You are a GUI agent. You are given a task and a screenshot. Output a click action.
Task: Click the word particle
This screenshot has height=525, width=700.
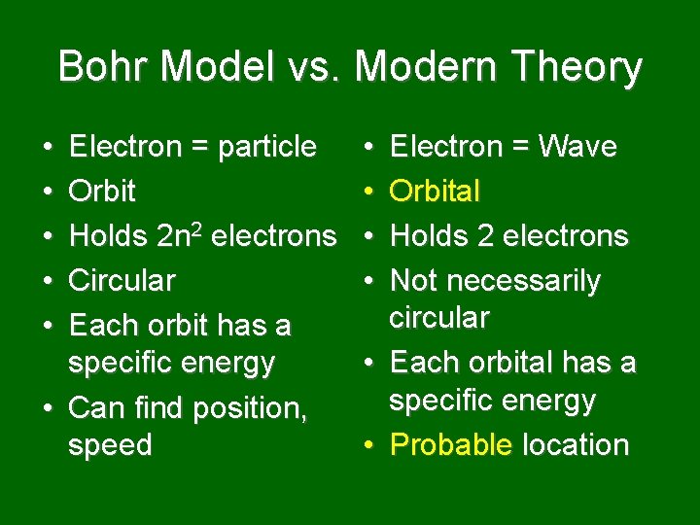[267, 147]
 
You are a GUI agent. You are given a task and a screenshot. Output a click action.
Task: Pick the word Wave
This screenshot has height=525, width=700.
[577, 147]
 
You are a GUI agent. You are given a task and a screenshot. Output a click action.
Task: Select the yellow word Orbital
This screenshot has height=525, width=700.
[435, 192]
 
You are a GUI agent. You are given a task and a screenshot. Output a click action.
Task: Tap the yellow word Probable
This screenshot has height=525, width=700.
[450, 445]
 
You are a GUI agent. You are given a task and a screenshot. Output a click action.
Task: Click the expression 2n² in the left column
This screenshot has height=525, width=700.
[183, 235]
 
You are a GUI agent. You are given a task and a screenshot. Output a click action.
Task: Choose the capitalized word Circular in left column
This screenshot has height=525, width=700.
[122, 281]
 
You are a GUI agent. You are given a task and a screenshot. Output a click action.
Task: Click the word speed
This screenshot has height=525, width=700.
[110, 445]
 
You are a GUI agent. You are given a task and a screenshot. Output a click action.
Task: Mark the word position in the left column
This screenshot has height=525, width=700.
[250, 407]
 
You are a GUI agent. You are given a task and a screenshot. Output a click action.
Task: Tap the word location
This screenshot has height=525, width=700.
[576, 445]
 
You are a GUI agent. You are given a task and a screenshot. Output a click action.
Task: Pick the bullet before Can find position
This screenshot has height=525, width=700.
[48, 407]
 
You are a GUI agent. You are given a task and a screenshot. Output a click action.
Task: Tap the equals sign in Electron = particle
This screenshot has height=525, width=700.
[198, 148]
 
